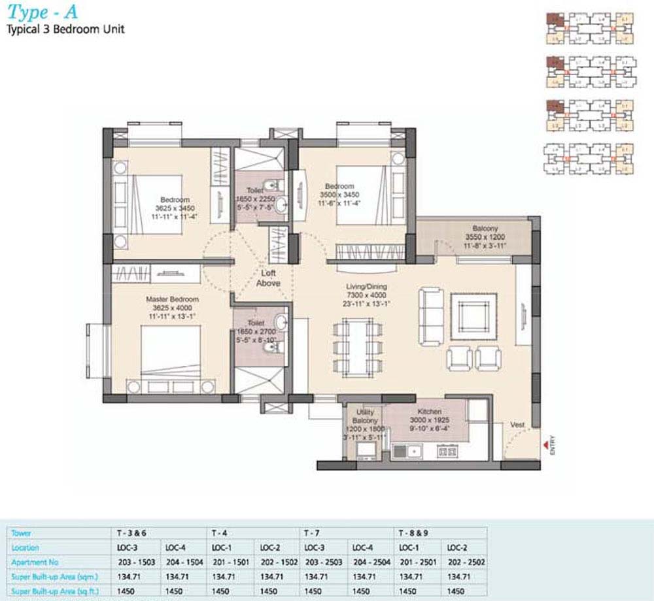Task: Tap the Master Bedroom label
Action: (172, 300)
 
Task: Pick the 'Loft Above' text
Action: (268, 278)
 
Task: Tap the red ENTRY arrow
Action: (544, 446)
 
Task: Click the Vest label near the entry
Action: (517, 425)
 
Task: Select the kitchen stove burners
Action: (447, 450)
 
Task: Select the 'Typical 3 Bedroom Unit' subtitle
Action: (65, 29)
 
